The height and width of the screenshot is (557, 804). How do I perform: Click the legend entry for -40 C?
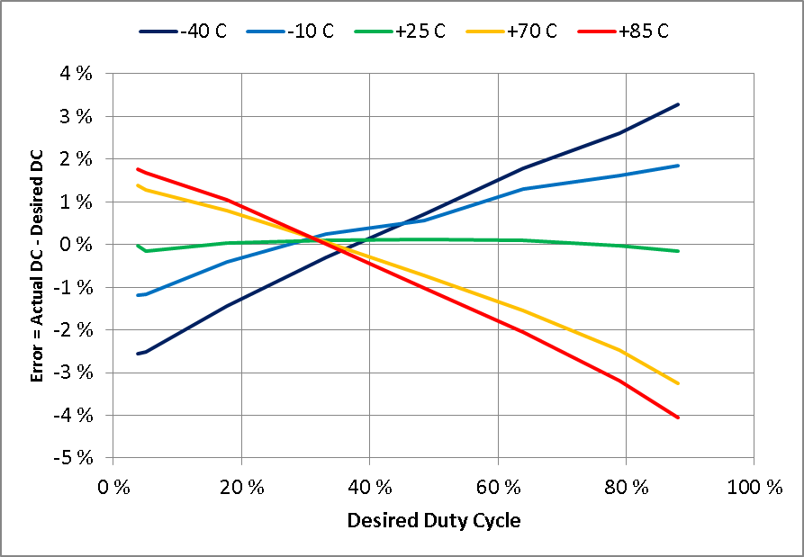pos(183,31)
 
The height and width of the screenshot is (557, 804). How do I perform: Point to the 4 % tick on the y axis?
pos(77,74)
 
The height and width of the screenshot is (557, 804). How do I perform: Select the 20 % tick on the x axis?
pos(241,489)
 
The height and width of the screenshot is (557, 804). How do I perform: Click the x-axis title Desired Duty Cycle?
pos(433,520)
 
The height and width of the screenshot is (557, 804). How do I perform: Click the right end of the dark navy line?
pos(678,104)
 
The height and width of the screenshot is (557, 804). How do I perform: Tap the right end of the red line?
pos(678,418)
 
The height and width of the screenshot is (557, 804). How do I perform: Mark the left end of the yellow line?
pos(138,185)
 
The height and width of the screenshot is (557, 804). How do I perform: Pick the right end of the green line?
pos(678,251)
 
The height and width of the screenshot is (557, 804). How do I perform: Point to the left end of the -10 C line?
pos(138,295)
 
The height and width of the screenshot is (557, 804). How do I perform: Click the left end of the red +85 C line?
pos(138,168)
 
